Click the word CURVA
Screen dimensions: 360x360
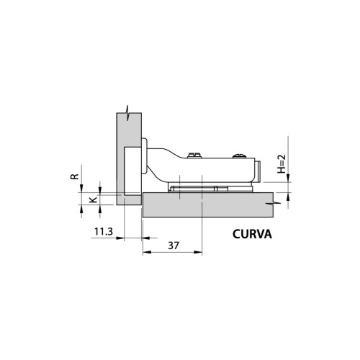pos(256,233)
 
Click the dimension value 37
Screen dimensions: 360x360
pos(173,245)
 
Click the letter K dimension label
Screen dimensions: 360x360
pos(91,199)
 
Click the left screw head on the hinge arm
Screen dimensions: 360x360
pos(193,156)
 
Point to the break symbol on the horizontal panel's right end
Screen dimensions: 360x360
pos(271,204)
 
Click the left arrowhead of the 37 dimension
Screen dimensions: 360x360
pos(145,253)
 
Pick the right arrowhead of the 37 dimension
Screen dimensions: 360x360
pos(201,253)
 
